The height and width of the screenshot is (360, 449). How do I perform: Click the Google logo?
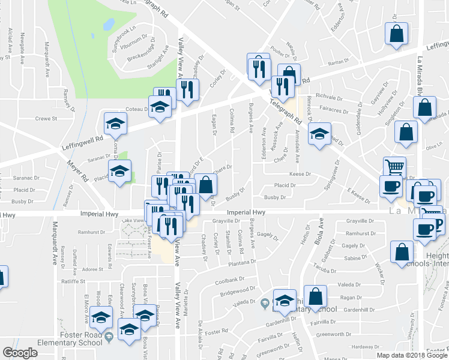click(x=20, y=353)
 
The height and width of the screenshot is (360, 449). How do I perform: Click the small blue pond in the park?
click(x=109, y=25)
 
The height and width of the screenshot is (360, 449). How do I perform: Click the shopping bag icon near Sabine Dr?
click(x=400, y=252)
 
